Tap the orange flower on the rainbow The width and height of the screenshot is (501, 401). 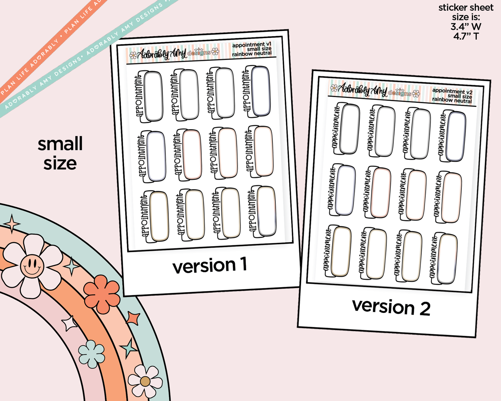[102, 294]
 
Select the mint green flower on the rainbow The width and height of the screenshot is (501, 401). [92, 354]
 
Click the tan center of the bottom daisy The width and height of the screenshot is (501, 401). [145, 382]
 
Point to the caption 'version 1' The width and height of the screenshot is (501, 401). [210, 266]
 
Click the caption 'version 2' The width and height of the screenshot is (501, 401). [391, 307]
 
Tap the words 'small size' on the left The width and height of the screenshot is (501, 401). [60, 153]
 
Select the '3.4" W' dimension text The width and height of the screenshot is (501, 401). [466, 26]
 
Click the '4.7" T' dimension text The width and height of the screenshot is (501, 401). [466, 36]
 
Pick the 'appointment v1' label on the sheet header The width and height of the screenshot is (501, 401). [251, 45]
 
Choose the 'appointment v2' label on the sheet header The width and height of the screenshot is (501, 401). [452, 91]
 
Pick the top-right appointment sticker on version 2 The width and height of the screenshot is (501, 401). [453, 136]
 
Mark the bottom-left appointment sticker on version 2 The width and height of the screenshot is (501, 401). [337, 251]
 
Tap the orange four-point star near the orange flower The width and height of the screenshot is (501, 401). [133, 318]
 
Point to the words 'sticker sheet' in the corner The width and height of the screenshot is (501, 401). [466, 8]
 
